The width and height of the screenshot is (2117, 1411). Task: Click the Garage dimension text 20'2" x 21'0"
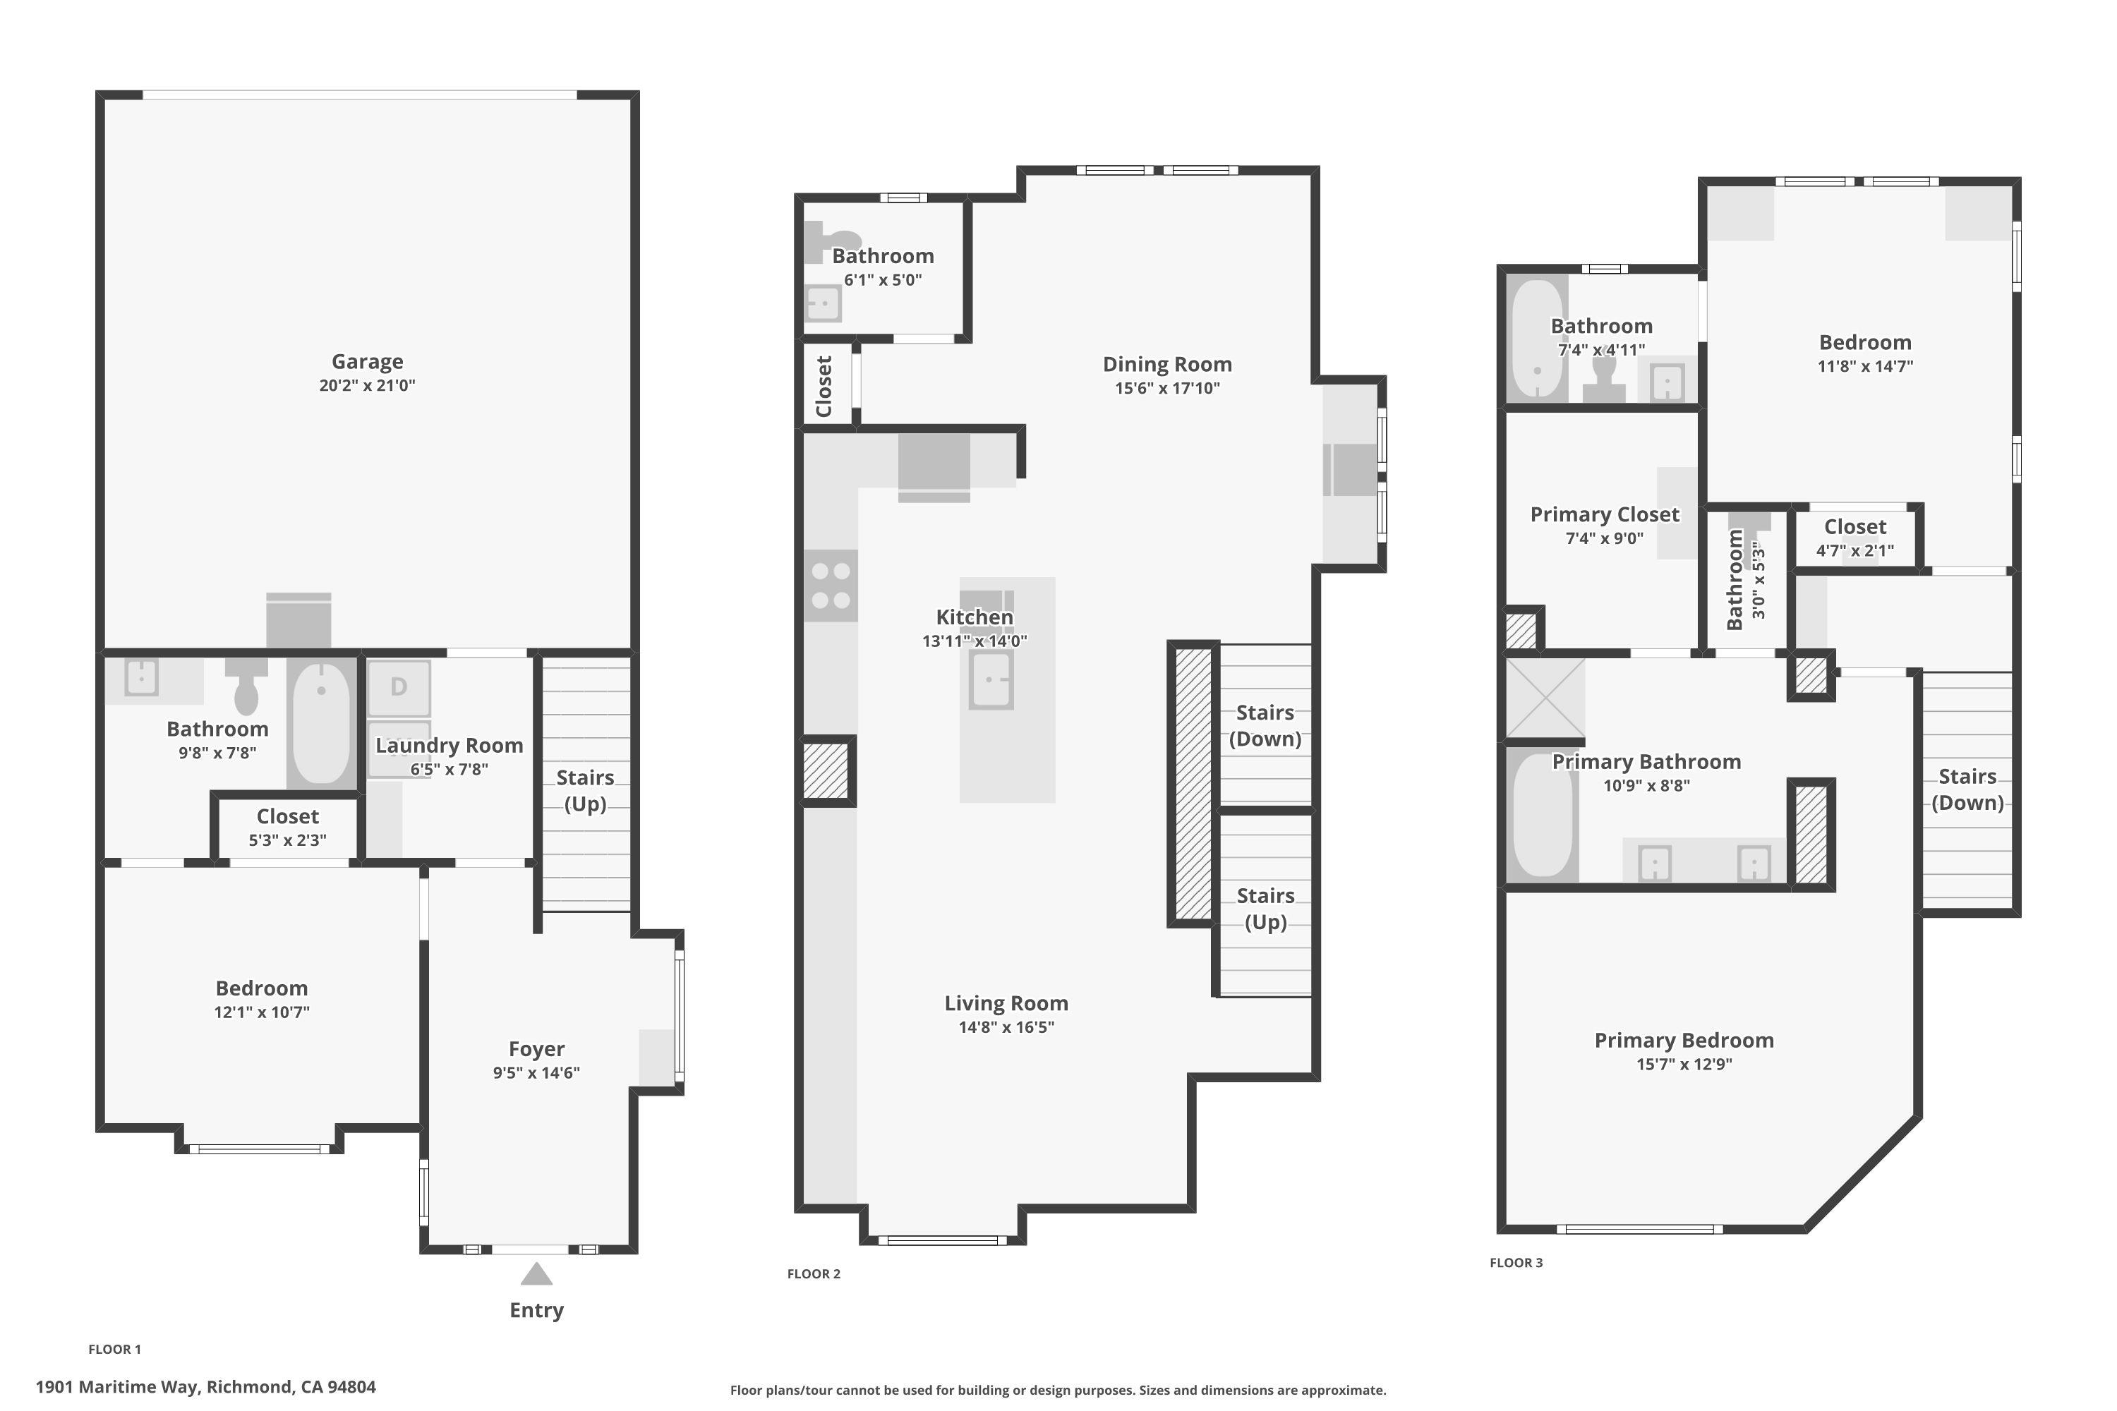[x=367, y=385]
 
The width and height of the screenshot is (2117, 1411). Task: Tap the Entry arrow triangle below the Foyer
[x=536, y=1274]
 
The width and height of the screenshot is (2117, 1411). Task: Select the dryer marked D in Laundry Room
[x=399, y=687]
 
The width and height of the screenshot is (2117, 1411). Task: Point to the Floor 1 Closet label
[x=287, y=816]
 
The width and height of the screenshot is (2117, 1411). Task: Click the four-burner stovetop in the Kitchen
[x=830, y=586]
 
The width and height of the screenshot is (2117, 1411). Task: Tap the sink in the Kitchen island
[x=991, y=679]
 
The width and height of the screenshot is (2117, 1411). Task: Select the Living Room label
[x=1006, y=1003]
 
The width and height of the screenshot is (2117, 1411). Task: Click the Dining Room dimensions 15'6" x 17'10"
[x=1167, y=389]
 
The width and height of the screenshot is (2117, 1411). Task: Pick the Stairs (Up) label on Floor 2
[x=1265, y=908]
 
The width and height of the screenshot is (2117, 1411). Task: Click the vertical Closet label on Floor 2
[x=824, y=386]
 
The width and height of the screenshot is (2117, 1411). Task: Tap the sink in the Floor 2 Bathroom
[x=824, y=304]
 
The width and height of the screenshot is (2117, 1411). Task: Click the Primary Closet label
[x=1604, y=515]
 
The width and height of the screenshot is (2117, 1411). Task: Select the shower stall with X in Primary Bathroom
[x=1545, y=698]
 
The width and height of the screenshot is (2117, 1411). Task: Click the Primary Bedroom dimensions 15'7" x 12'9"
[x=1683, y=1065]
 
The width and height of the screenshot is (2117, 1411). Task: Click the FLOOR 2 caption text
[x=814, y=1273]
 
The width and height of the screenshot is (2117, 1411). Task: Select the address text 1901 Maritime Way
[x=205, y=1387]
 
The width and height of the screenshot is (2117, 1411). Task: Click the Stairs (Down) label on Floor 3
[x=1967, y=789]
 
